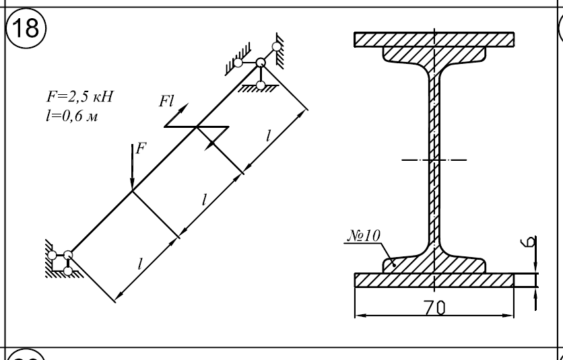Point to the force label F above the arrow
[140, 149]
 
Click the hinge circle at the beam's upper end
[260, 63]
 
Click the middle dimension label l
[204, 199]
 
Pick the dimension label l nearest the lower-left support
[140, 263]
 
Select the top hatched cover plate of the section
[435, 39]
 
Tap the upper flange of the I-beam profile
[435, 54]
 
